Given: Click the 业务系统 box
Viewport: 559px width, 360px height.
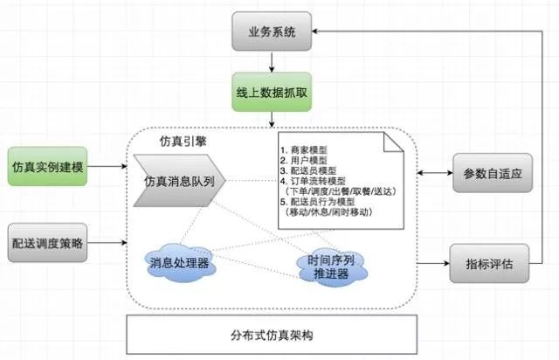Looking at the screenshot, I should click(271, 33).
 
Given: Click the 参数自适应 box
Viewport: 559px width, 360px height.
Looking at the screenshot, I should click(493, 173).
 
